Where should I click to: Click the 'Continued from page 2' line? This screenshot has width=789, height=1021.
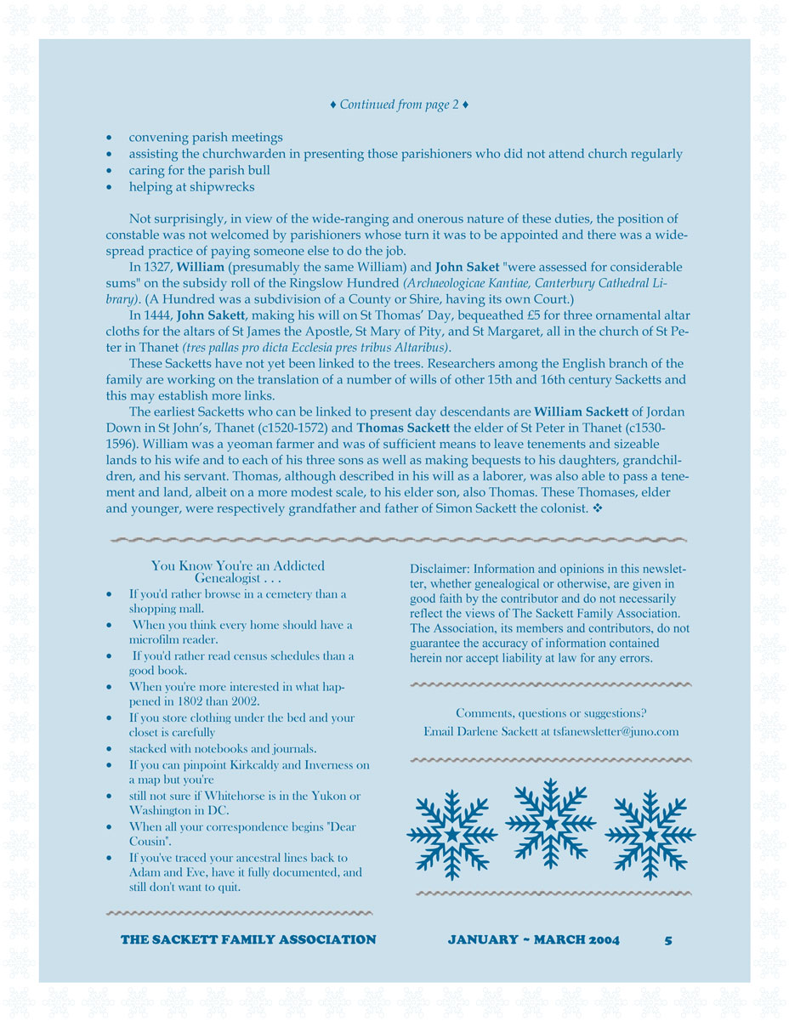pyautogui.click(x=399, y=105)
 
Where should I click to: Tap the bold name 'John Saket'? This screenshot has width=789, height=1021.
pyautogui.click(x=467, y=267)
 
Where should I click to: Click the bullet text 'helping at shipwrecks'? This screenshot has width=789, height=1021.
pyautogui.click(x=191, y=186)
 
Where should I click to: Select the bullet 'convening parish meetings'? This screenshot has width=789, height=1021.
pyautogui.click(x=206, y=137)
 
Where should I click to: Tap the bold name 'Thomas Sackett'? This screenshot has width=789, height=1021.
pyautogui.click(x=403, y=428)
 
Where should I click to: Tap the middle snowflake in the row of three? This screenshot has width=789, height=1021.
pyautogui.click(x=551, y=822)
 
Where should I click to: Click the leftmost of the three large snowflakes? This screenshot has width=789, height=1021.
pyautogui.click(x=451, y=834)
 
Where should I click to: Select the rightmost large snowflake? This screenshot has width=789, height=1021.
pyautogui.click(x=650, y=834)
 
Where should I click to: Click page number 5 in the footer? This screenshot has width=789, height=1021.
pyautogui.click(x=668, y=939)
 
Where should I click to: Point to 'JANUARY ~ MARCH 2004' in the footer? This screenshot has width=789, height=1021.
pyautogui.click(x=533, y=939)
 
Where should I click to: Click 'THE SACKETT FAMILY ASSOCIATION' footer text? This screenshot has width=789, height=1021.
pyautogui.click(x=248, y=939)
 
